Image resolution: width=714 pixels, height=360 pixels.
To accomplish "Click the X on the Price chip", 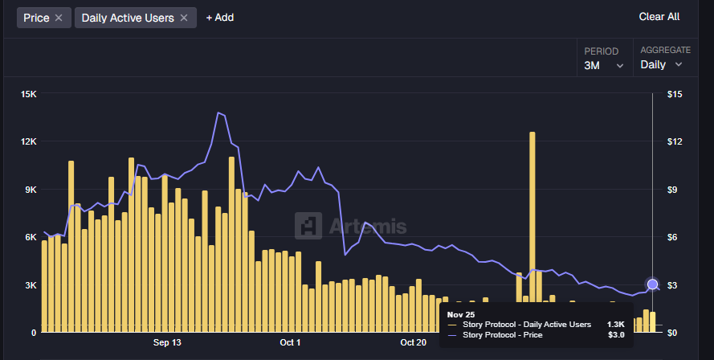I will [58, 18].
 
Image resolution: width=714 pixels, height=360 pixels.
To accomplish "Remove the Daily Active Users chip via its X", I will [184, 18].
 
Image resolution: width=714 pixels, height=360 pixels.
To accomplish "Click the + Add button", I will [219, 18].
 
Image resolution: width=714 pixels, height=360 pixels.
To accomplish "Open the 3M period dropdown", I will [604, 65].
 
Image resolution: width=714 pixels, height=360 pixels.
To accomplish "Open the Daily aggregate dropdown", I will [661, 64].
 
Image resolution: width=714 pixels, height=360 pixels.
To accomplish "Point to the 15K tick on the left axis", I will [29, 95].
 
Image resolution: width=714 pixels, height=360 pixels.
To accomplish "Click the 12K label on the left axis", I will [29, 142].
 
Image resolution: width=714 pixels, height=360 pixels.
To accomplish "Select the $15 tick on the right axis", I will [675, 95].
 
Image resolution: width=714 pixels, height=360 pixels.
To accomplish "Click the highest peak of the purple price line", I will [218, 113].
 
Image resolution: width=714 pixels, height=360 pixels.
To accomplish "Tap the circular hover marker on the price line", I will [652, 284].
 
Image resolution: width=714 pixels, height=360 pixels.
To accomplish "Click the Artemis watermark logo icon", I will [308, 227].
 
